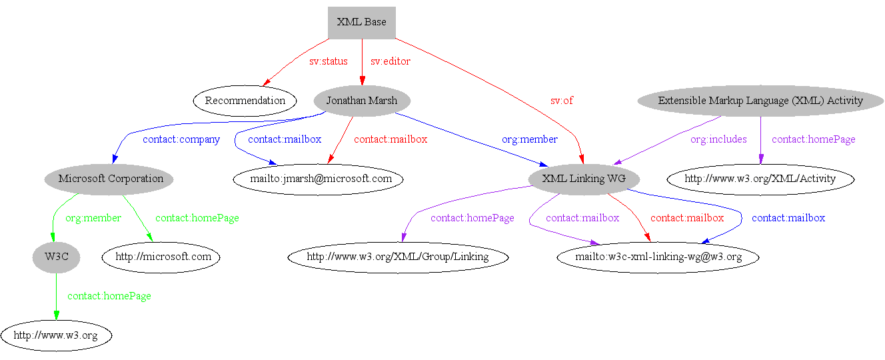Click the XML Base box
click(362, 22)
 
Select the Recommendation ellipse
click(245, 101)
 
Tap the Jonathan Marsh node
click(362, 101)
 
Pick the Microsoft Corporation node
click(111, 179)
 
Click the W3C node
click(56, 257)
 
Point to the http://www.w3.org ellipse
click(56, 335)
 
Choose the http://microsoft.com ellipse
click(161, 257)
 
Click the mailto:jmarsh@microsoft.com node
click(317, 179)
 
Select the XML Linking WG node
click(584, 179)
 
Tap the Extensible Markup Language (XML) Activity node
click(760, 101)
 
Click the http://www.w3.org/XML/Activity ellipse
click(760, 179)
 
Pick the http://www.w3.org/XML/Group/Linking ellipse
click(398, 257)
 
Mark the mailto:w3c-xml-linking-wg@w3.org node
click(658, 257)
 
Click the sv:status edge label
click(328, 61)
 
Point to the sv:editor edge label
click(391, 61)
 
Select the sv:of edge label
click(561, 101)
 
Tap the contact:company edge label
click(181, 139)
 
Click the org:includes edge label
click(718, 139)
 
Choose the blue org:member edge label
click(530, 139)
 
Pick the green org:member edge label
click(93, 218)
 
